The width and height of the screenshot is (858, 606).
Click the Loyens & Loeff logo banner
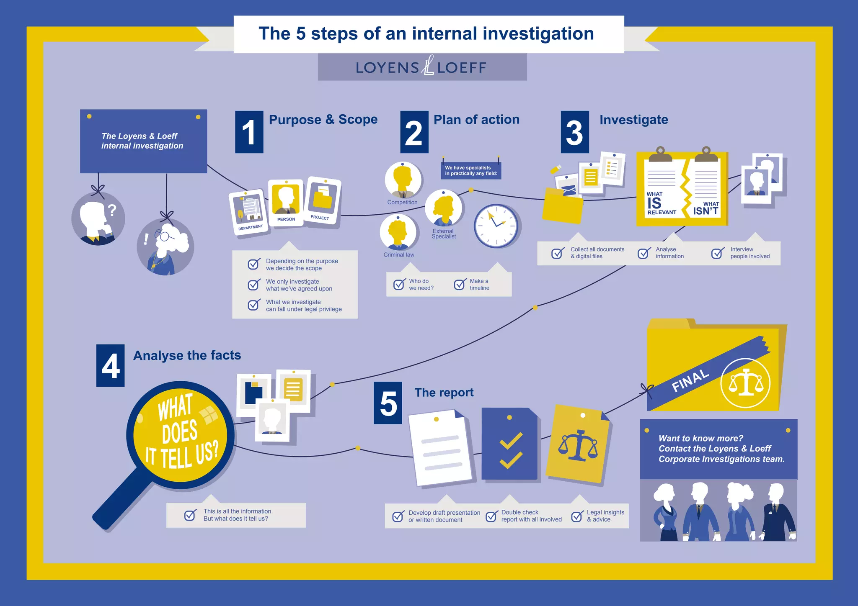click(x=422, y=67)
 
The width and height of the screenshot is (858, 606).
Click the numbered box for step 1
click(x=249, y=132)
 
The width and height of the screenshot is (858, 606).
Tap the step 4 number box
click(x=110, y=365)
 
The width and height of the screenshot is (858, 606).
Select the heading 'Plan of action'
click(x=476, y=120)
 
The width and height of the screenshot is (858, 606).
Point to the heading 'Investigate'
click(x=633, y=120)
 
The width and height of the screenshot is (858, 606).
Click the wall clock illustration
click(x=496, y=226)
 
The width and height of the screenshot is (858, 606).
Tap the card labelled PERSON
click(x=286, y=203)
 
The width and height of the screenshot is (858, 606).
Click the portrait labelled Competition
click(x=403, y=180)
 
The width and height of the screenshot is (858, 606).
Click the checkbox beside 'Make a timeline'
click(x=460, y=285)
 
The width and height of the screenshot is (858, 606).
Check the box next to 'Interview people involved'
click(x=717, y=253)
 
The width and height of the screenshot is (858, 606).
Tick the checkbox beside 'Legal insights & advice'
click(x=577, y=516)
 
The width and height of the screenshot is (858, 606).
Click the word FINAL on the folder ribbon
click(x=690, y=380)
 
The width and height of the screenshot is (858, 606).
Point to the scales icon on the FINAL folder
click(x=745, y=383)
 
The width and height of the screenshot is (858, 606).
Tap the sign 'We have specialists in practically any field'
click(x=471, y=170)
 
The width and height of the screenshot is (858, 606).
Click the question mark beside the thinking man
click(x=111, y=210)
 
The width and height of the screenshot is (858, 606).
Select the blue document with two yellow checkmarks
click(x=509, y=444)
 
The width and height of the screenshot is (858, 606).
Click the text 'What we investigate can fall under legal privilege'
click(x=304, y=306)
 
